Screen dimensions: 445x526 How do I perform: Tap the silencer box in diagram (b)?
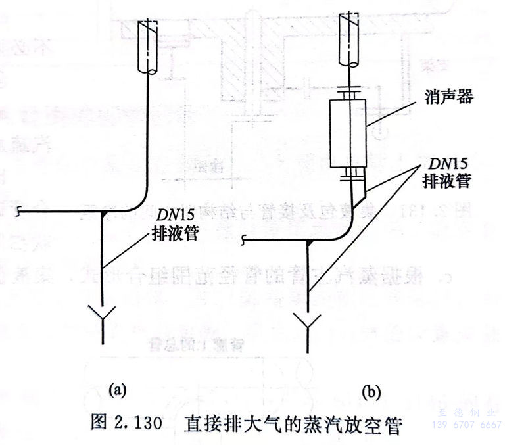click(x=348, y=135)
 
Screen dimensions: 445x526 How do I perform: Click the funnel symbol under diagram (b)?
click(x=308, y=322)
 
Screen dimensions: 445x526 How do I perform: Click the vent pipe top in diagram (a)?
click(x=147, y=46)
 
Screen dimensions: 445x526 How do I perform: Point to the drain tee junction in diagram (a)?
click(x=102, y=212)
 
